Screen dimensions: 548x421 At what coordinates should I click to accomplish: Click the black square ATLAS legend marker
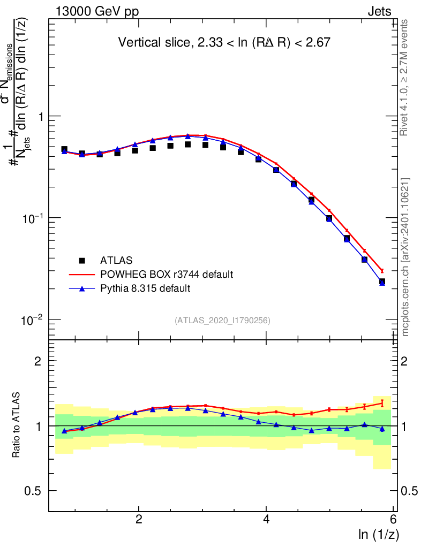click(82, 261)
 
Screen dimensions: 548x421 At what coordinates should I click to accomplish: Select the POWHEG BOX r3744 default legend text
click(167, 275)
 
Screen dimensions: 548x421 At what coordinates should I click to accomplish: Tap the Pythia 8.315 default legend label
click(145, 288)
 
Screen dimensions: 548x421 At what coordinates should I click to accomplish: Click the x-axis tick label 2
click(139, 520)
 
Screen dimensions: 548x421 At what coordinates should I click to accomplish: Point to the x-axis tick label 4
click(266, 520)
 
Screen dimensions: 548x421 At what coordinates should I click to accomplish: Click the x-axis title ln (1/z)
click(379, 534)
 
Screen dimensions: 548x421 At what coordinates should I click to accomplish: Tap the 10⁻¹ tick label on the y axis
click(34, 217)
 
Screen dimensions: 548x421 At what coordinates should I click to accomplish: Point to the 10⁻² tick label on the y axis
click(34, 319)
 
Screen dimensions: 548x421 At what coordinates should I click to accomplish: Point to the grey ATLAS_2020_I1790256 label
click(222, 321)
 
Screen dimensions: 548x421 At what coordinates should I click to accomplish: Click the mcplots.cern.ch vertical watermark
click(405, 257)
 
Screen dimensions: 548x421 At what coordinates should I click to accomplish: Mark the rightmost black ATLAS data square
click(382, 281)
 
